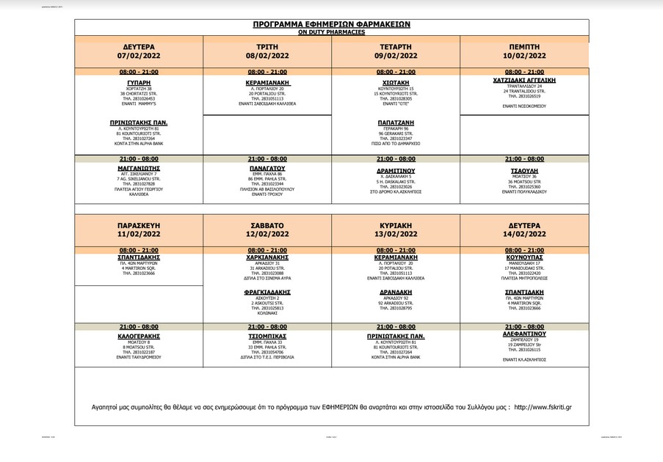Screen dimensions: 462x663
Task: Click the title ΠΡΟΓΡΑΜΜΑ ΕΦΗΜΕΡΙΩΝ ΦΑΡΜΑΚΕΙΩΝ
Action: coord(331,24)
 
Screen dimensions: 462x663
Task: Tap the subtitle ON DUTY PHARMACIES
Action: coord(331,32)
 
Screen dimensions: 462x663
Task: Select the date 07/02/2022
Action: coord(139,55)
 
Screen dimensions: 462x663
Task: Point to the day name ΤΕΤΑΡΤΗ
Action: coord(396,45)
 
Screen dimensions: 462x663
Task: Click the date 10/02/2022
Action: coord(524,55)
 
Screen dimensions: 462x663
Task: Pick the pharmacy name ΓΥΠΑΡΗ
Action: coord(139,83)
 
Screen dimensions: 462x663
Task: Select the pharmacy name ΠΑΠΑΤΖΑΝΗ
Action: coord(396,122)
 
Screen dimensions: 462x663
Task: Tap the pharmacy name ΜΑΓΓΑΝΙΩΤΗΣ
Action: coord(139,168)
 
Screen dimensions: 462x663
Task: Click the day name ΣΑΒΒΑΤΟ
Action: coord(267,224)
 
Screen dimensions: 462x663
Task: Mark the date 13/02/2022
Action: coord(396,235)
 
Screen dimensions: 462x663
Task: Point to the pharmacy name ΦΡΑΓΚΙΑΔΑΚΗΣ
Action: coord(267,292)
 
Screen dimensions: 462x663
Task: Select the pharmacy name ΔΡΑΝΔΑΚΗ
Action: coord(396,292)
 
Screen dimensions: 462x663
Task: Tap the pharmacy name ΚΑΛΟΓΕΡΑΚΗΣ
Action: coord(139,335)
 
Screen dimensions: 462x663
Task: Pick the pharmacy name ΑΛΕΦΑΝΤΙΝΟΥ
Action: coord(524,333)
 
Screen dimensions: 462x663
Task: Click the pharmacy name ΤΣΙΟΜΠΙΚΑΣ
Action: coord(267,335)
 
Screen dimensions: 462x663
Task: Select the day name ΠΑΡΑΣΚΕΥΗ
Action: coord(139,224)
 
